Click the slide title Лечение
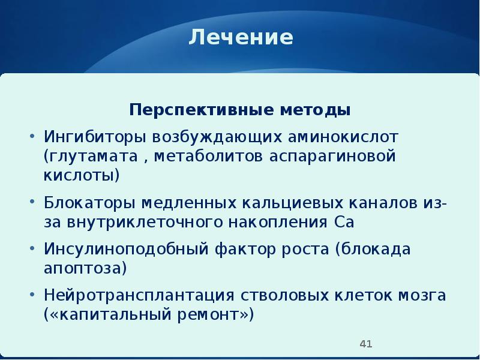tap(241, 38)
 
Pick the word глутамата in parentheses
tap(98, 155)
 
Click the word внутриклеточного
tap(131, 221)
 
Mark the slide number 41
tap(366, 344)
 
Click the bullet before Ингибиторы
tap(32, 136)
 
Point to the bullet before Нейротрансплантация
tap(32, 295)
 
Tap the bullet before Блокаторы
tap(32, 202)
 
